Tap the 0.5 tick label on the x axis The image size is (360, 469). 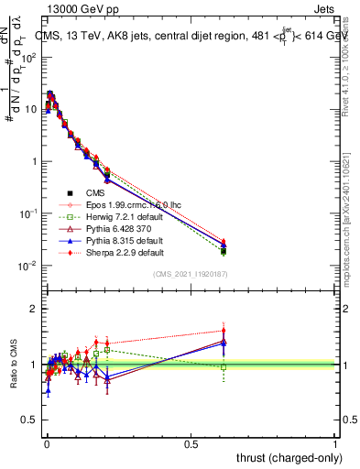point(191,443)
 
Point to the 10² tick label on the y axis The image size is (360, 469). point(30,57)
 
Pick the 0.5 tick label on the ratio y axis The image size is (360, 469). point(30,420)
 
